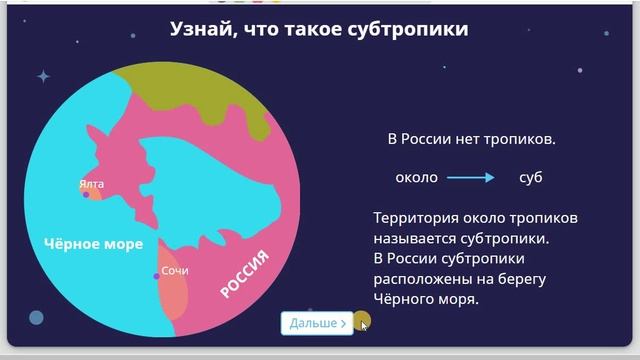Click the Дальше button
(317, 323)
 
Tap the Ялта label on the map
(91, 183)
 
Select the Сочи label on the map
(175, 270)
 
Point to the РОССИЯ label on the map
(245, 275)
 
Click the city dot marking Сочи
(156, 276)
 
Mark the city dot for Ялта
(87, 194)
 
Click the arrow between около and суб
(470, 178)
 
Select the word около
(417, 178)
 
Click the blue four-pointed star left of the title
(43, 76)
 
